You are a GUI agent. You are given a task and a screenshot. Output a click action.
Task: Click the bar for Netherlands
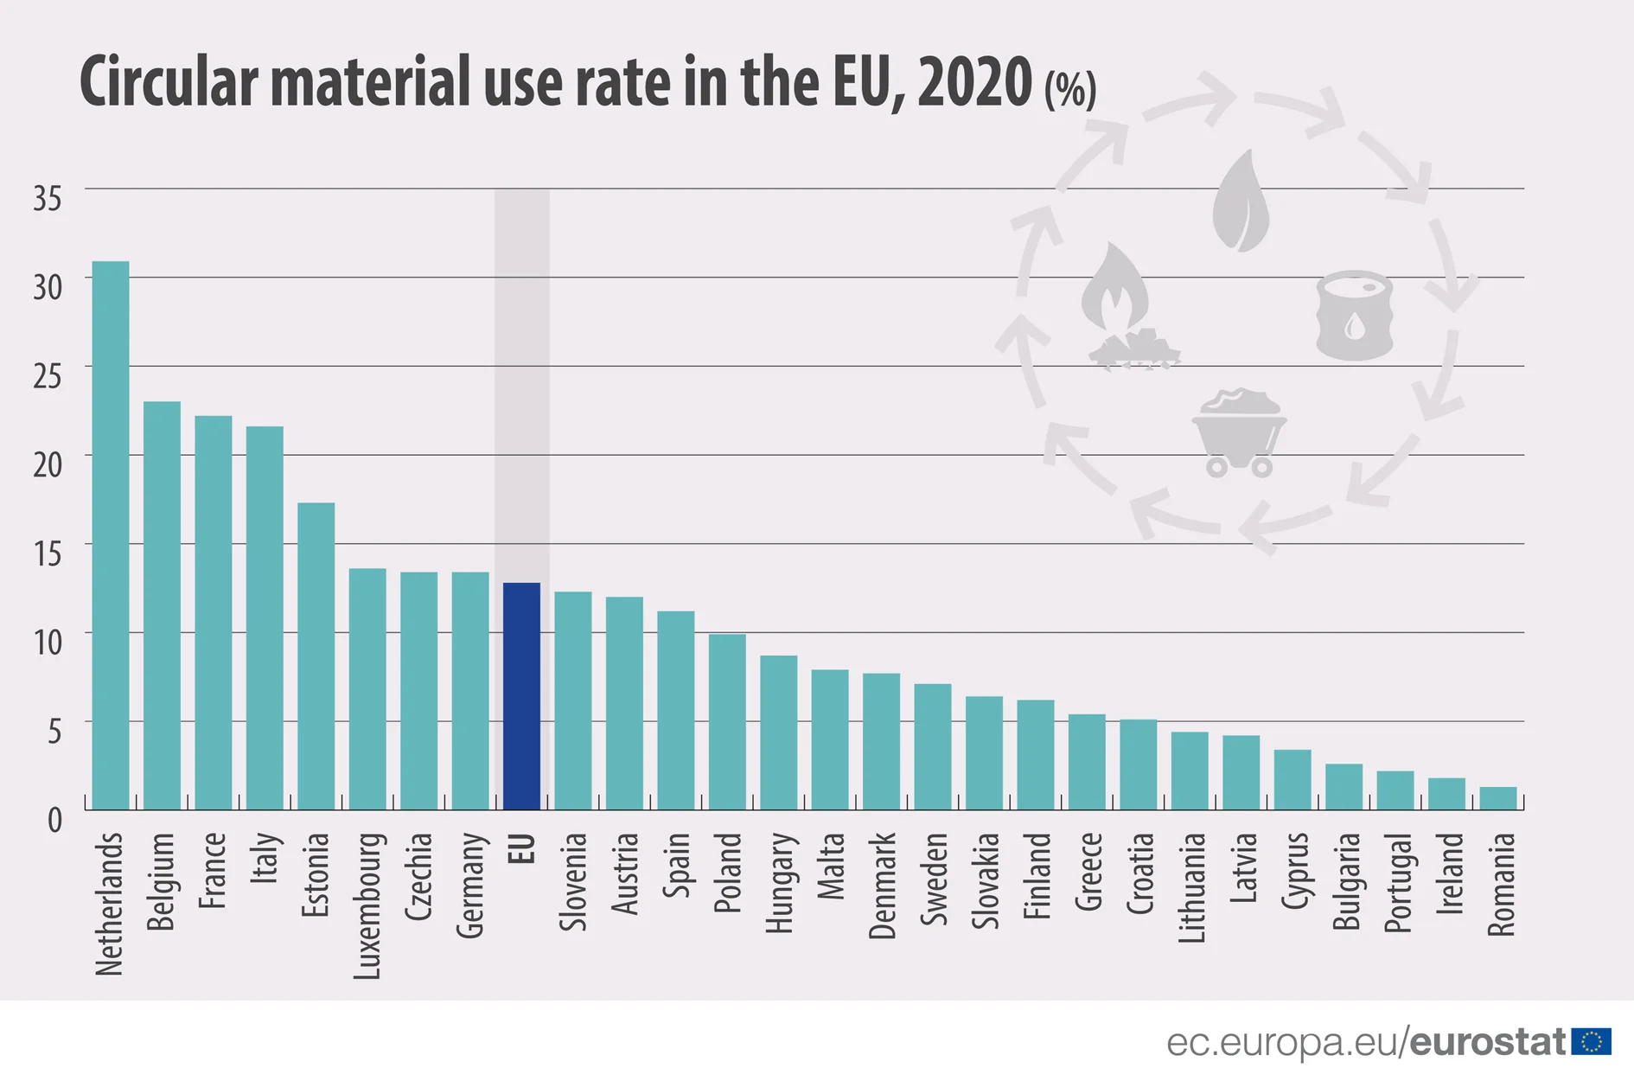pyautogui.click(x=111, y=535)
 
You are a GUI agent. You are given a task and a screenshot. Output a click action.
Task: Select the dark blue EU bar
pyautogui.click(x=521, y=696)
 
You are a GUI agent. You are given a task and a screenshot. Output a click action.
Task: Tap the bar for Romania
pyautogui.click(x=1497, y=798)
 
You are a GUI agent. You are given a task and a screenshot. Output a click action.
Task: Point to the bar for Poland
pyautogui.click(x=727, y=722)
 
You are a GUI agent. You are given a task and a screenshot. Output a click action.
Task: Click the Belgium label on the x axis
pyautogui.click(x=162, y=882)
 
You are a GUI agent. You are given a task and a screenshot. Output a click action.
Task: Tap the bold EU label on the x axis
pyautogui.click(x=521, y=849)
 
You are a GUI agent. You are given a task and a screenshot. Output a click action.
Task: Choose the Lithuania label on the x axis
pyautogui.click(x=1190, y=887)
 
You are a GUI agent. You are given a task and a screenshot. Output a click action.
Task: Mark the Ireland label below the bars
pyautogui.click(x=1448, y=873)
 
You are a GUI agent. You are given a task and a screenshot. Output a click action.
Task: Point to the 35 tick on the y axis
pyautogui.click(x=48, y=199)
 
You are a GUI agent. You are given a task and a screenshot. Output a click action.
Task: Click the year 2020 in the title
pyautogui.click(x=974, y=82)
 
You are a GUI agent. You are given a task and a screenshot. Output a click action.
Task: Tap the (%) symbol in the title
pyautogui.click(x=1069, y=89)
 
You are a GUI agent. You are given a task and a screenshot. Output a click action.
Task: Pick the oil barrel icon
pyautogui.click(x=1354, y=316)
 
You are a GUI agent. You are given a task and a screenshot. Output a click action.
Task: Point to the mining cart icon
pyautogui.click(x=1239, y=432)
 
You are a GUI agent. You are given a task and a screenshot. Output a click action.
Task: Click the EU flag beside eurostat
pyautogui.click(x=1591, y=1041)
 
